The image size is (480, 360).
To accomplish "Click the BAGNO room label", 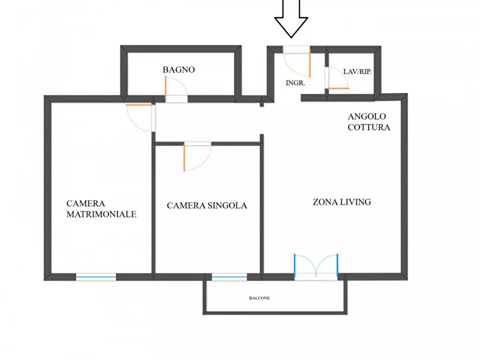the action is [x=179, y=70].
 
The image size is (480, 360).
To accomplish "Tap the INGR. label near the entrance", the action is [x=296, y=83].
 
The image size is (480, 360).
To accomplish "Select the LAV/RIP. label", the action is [x=357, y=71].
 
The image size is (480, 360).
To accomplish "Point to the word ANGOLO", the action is [x=367, y=116].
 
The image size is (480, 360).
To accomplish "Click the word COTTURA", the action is [x=369, y=127].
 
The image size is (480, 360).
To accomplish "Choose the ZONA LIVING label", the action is [x=342, y=202].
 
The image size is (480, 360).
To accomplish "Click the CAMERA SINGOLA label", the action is [x=207, y=205].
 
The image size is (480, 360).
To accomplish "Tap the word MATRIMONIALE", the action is [x=102, y=214].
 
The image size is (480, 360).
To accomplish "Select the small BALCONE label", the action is [x=259, y=298].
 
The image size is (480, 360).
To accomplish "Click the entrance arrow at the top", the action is [x=291, y=19].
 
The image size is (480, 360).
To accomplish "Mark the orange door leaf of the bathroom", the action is [x=166, y=88].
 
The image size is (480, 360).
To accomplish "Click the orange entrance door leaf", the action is [x=310, y=63].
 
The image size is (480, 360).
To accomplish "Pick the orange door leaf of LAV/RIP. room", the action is [x=337, y=89].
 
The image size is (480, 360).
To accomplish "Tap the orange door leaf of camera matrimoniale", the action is [x=139, y=105].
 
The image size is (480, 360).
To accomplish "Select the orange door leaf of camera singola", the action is [x=184, y=157].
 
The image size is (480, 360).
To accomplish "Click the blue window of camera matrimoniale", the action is [x=96, y=277].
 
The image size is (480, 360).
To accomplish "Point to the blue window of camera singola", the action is [x=230, y=277].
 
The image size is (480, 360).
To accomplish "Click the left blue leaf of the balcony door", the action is [x=295, y=266].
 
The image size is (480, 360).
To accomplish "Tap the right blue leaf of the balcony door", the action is [x=338, y=266].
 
